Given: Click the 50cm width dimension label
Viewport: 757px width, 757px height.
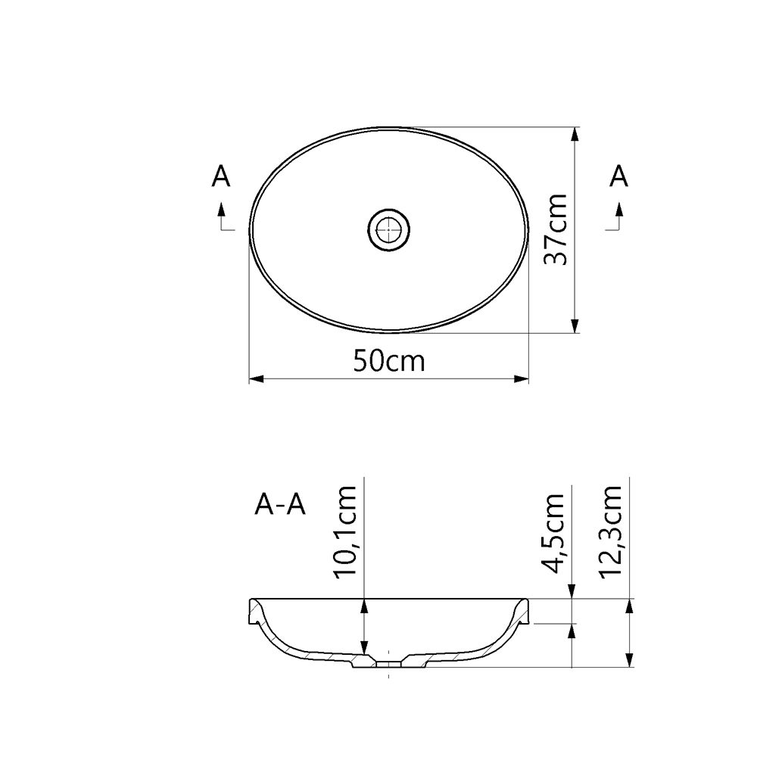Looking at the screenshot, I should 389,361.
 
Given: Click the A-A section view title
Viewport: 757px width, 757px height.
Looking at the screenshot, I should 280,504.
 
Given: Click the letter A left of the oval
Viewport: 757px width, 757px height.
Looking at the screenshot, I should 220,176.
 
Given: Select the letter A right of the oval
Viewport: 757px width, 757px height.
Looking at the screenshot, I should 618,176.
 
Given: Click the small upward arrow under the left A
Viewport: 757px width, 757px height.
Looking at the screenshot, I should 221,209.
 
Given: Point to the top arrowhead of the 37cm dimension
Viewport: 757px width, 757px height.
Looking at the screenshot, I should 576,134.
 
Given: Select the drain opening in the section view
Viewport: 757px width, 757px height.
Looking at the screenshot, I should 389,663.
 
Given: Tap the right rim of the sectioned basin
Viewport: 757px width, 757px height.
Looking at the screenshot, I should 523,610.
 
